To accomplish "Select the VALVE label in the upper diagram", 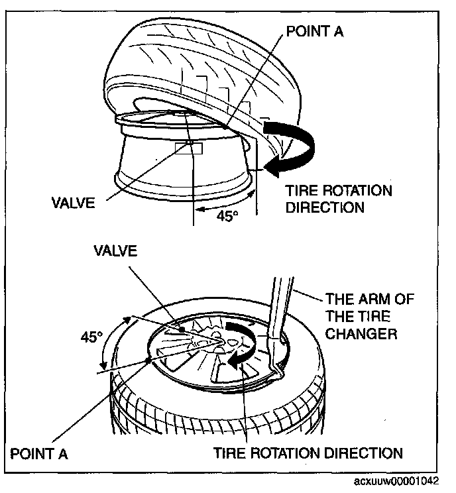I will click(x=72, y=201).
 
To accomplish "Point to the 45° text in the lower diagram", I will click(x=91, y=337).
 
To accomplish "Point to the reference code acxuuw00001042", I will click(x=403, y=482).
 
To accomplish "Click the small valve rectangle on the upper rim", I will click(x=190, y=144).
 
